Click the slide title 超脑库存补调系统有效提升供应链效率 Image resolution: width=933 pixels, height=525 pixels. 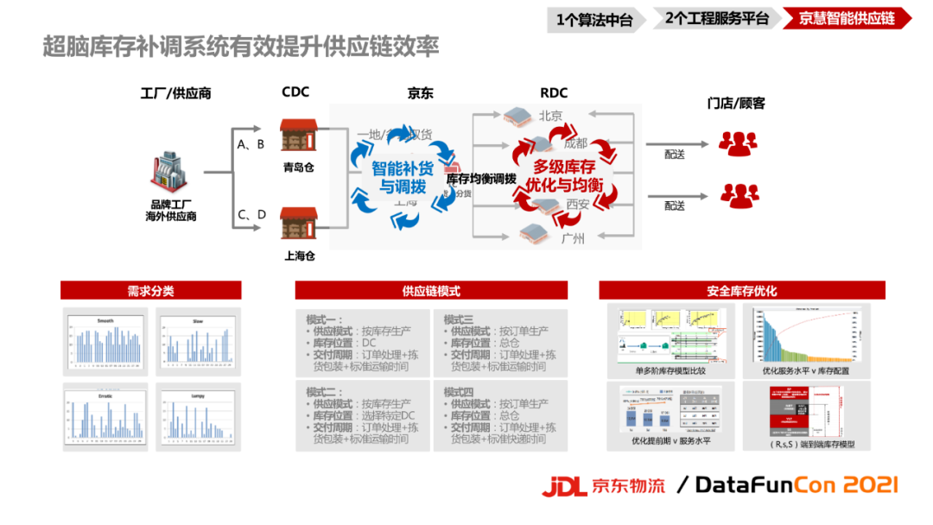(241, 47)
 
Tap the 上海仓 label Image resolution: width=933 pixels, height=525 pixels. (298, 256)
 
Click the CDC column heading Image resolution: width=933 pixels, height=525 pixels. (295, 92)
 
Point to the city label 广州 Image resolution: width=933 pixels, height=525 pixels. (573, 238)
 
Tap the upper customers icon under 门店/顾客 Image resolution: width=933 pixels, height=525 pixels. (738, 143)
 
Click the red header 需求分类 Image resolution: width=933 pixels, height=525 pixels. (150, 291)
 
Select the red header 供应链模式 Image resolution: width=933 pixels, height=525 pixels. (431, 291)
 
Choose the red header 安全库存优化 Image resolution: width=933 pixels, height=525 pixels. (742, 291)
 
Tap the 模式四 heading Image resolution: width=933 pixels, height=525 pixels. (459, 391)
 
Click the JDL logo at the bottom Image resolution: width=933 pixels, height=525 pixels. (565, 486)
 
